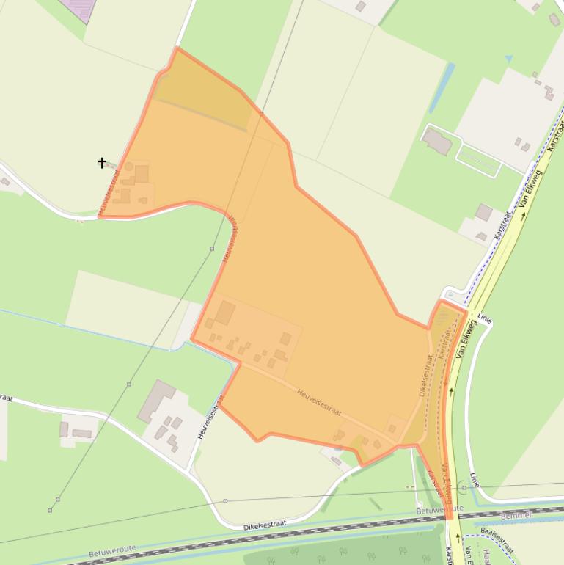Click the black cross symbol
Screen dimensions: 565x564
point(102,162)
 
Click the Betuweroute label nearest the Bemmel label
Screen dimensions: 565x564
point(439,509)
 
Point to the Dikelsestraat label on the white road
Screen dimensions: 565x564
point(263,525)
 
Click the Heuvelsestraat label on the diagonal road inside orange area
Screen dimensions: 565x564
point(319,402)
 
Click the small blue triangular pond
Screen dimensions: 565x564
point(508,59)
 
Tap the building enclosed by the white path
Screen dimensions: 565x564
point(437,140)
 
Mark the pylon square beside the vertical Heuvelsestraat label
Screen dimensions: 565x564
point(212,249)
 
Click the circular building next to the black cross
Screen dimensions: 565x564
point(129,167)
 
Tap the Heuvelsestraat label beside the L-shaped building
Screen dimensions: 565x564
point(209,417)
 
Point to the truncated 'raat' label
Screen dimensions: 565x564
point(6,398)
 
